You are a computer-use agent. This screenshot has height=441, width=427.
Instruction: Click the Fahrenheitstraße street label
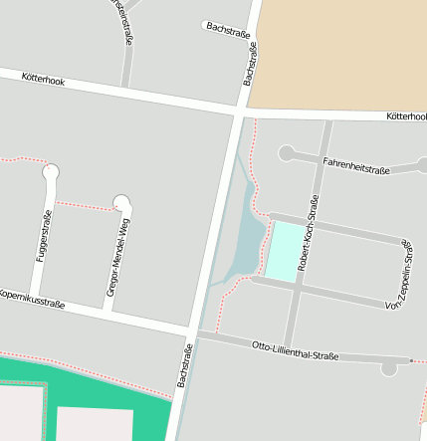[355, 164]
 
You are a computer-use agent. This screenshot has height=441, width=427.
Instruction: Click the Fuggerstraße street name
[44, 238]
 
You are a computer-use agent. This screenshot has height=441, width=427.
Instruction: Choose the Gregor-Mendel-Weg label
[118, 257]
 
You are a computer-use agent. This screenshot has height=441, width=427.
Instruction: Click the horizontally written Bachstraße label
[228, 31]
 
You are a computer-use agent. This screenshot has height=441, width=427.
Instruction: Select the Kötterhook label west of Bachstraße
[43, 80]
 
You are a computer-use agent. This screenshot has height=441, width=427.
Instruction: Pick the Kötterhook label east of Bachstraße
[406, 116]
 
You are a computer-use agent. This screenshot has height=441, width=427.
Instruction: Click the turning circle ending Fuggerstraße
[51, 173]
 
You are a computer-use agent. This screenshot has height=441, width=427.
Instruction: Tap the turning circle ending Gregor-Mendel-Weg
[122, 203]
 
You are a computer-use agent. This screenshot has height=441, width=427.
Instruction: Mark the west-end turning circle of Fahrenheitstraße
[287, 153]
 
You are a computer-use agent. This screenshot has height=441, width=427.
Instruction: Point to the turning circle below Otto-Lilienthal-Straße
[388, 368]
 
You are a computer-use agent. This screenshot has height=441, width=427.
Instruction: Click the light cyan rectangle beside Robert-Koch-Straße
[284, 250]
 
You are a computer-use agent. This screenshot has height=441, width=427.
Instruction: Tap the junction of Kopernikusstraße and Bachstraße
[191, 330]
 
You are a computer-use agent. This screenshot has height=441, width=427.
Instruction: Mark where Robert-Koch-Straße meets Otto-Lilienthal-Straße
[290, 343]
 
